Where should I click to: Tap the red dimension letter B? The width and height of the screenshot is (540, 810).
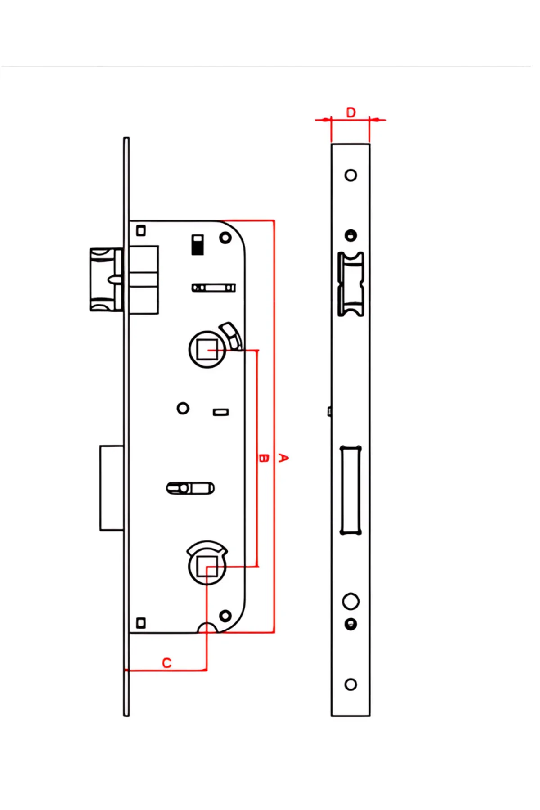(264, 458)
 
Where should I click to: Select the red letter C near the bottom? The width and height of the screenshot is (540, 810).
(167, 663)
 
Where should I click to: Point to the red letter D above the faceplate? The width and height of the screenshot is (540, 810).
(351, 112)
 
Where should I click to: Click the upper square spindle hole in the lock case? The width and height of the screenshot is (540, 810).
(207, 349)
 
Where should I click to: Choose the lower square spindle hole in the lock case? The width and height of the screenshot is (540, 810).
(207, 566)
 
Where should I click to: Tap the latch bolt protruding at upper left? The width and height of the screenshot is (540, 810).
(106, 279)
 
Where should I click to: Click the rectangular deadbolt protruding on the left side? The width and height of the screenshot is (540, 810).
(112, 488)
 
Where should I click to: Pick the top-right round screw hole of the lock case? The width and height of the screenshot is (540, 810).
(225, 237)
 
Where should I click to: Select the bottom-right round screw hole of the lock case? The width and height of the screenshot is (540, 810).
(225, 616)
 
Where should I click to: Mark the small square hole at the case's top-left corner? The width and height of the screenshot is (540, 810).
(141, 230)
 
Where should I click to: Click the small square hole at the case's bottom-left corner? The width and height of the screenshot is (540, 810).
(141, 623)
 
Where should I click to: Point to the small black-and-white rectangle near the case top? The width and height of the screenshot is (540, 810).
(198, 244)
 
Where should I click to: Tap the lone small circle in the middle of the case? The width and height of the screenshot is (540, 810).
(183, 409)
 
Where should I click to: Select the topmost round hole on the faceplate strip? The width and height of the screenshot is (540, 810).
(351, 175)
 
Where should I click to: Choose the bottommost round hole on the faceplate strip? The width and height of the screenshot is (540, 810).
(351, 684)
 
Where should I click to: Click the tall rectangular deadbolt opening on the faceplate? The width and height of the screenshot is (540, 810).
(351, 490)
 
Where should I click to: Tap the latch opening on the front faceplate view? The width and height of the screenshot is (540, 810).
(351, 284)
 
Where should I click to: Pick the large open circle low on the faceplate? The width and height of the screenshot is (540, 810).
(351, 601)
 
